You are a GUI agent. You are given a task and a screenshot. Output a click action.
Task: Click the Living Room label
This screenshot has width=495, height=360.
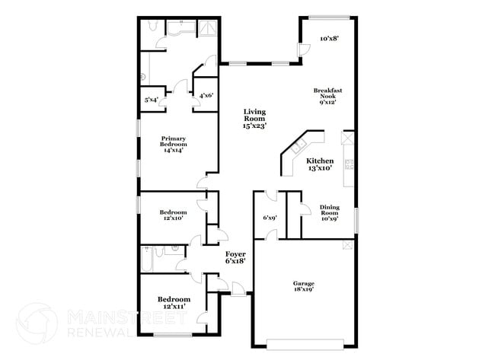tap(254, 119)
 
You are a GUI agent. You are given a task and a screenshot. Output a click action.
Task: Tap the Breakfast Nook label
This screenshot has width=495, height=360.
tap(327, 96)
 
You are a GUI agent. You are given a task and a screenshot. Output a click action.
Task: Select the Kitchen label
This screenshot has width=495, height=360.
tap(321, 164)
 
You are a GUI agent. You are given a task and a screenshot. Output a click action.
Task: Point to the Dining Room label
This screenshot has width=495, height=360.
tap(329, 212)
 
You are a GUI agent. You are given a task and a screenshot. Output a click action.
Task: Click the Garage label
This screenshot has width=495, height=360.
tap(304, 286)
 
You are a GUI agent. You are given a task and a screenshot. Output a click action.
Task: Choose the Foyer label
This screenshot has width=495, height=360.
tap(234, 256)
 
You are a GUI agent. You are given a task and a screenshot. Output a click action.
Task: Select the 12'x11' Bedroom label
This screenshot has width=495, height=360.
tap(172, 303)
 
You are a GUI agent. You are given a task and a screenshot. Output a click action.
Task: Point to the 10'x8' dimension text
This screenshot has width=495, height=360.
tap(328, 37)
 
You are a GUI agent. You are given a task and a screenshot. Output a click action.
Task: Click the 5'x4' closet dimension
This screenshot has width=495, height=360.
tap(152, 100)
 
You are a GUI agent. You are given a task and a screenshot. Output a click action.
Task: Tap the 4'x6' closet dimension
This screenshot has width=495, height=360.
tap(206, 96)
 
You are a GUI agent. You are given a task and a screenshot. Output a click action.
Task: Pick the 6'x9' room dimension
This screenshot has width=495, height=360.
tap(270, 218)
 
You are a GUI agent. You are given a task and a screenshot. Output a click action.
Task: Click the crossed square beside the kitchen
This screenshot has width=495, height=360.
tap(348, 139)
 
